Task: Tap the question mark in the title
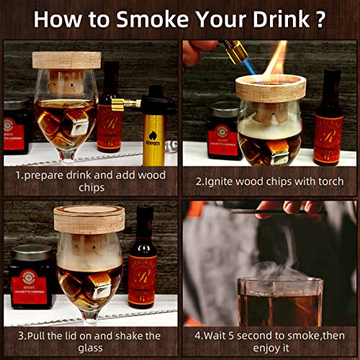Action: (320, 19)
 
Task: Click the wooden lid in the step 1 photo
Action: (66, 60)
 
